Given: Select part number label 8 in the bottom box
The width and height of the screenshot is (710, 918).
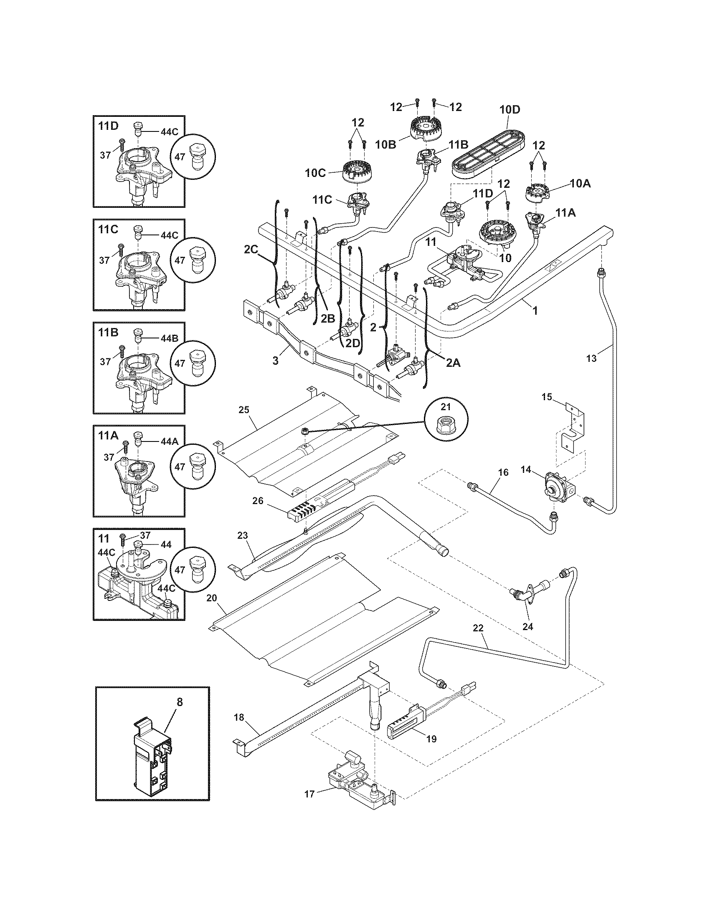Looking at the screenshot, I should [x=180, y=701].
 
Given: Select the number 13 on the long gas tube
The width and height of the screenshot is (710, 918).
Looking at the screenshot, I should [x=591, y=358].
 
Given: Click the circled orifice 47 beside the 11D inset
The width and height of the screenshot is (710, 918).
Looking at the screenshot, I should [x=193, y=157].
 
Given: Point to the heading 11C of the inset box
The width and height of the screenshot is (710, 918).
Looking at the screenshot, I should [x=109, y=229].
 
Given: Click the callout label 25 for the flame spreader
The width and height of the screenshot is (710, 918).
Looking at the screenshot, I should [x=244, y=409].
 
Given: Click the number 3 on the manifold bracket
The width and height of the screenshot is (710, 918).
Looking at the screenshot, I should [x=276, y=361].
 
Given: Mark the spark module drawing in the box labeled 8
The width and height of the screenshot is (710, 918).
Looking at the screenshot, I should [x=153, y=754].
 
